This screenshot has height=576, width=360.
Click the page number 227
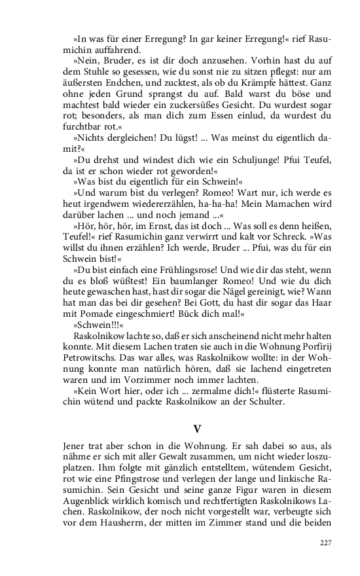click(326, 543)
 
